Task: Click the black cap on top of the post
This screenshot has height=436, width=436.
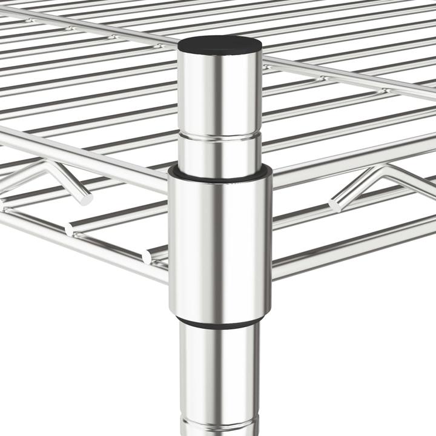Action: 219,44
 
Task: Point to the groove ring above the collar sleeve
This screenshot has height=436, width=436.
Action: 219,138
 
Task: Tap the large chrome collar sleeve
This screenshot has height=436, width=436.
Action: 219,242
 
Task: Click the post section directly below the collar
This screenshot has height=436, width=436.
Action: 219,369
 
